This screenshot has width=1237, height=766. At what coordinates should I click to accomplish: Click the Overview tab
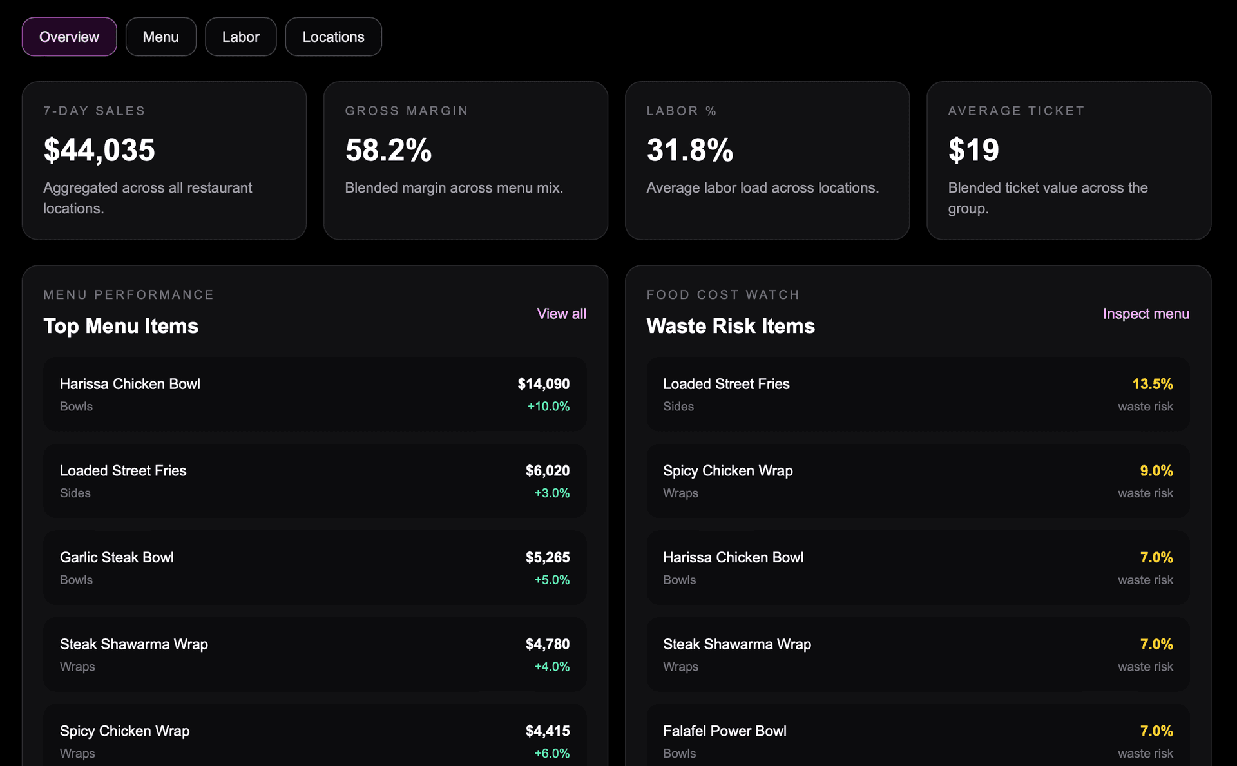pyautogui.click(x=69, y=37)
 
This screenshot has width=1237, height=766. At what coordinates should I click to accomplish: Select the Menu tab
pyautogui.click(x=160, y=37)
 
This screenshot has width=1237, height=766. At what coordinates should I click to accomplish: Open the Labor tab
pyautogui.click(x=240, y=37)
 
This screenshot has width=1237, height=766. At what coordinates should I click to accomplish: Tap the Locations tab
pyautogui.click(x=333, y=37)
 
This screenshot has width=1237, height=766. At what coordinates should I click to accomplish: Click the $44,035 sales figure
pyautogui.click(x=99, y=150)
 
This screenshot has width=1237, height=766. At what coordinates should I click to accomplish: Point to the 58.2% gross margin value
pyautogui.click(x=388, y=150)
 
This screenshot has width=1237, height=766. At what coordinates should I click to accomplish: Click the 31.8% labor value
pyautogui.click(x=690, y=150)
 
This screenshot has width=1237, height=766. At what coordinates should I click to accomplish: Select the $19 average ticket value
pyautogui.click(x=973, y=150)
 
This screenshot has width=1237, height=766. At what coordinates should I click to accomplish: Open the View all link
pyautogui.click(x=561, y=314)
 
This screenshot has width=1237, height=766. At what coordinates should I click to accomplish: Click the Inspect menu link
pyautogui.click(x=1146, y=314)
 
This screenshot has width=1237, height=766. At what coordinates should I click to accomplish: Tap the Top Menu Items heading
pyautogui.click(x=120, y=326)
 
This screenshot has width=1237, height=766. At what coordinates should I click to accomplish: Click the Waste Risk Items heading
pyautogui.click(x=731, y=326)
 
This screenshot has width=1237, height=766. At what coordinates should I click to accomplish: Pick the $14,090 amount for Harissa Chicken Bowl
pyautogui.click(x=544, y=384)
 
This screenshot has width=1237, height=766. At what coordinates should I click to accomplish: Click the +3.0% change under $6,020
pyautogui.click(x=552, y=493)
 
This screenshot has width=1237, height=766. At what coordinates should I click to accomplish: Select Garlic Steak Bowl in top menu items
pyautogui.click(x=117, y=557)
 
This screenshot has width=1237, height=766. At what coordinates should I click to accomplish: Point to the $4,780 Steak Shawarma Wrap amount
pyautogui.click(x=548, y=644)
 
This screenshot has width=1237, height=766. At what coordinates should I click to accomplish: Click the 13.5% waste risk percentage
pyautogui.click(x=1153, y=384)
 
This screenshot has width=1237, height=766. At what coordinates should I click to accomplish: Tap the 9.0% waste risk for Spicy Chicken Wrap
pyautogui.click(x=1156, y=471)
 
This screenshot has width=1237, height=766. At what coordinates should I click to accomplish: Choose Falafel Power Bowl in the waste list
pyautogui.click(x=725, y=731)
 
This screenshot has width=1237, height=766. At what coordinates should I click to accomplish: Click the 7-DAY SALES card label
pyautogui.click(x=94, y=111)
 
